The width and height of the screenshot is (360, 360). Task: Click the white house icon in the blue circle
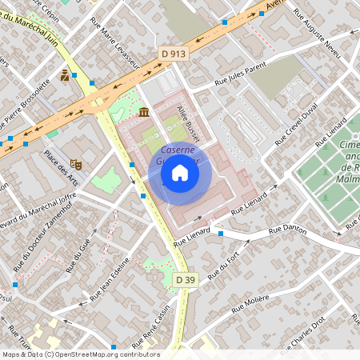point(180,173)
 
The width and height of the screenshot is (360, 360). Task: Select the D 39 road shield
point(185,279)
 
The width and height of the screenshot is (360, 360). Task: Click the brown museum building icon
point(143,111)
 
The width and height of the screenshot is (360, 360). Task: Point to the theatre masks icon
point(77,163)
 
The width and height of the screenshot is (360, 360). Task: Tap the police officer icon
point(64,76)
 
